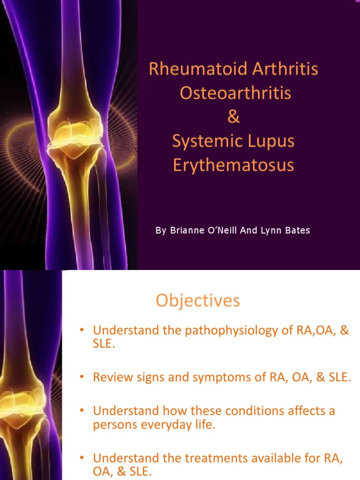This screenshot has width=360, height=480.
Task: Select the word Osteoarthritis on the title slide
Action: tap(235, 93)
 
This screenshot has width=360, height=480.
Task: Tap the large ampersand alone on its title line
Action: tap(233, 117)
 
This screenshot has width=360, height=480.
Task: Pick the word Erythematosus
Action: tap(233, 165)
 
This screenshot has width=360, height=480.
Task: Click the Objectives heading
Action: tap(197, 300)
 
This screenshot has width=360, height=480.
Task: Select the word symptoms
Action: tap(216, 377)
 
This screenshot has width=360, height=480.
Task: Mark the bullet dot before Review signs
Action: tap(81, 376)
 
